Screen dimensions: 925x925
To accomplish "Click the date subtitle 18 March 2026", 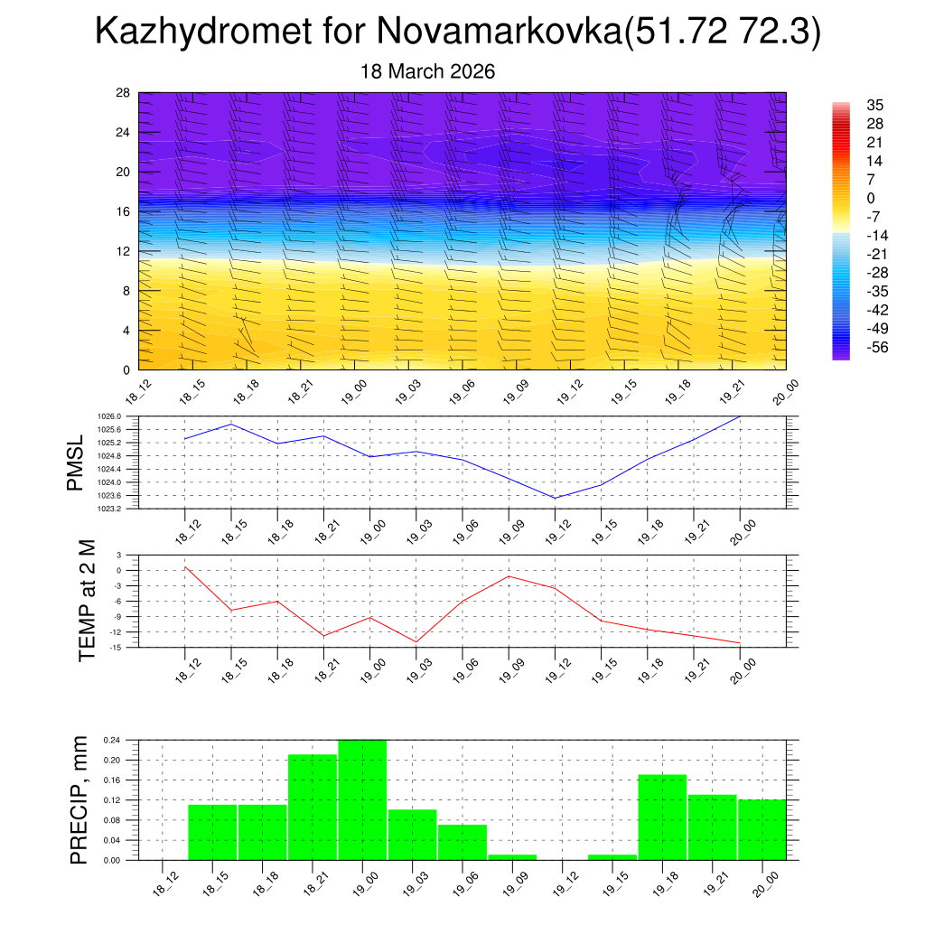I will [x=427, y=71].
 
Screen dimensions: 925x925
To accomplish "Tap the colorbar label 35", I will [x=875, y=105].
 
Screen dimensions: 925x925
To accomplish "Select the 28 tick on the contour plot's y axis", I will [x=124, y=93].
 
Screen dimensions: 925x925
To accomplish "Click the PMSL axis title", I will [x=76, y=462].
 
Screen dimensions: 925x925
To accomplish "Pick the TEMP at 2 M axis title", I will [x=87, y=599].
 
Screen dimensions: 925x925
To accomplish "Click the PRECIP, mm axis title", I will [x=79, y=799].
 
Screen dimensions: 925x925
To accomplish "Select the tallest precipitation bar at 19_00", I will [x=362, y=799].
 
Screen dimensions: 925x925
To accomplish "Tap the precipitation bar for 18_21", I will [x=313, y=807].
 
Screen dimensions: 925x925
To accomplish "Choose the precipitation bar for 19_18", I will [x=662, y=817].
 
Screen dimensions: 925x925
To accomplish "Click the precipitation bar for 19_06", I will [x=462, y=842].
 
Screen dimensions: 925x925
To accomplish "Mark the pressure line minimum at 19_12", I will [x=555, y=498].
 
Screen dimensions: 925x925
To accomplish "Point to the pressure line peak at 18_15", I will [x=231, y=424].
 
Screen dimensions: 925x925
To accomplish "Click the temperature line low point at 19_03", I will [x=416, y=641].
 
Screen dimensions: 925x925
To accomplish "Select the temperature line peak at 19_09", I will [x=509, y=575].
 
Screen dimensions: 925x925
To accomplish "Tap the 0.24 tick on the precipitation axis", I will [x=112, y=740].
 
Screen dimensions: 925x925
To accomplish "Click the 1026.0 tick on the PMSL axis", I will [x=108, y=416].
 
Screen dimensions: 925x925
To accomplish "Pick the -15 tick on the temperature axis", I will [x=117, y=647].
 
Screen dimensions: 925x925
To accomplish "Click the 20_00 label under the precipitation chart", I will [x=767, y=882].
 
